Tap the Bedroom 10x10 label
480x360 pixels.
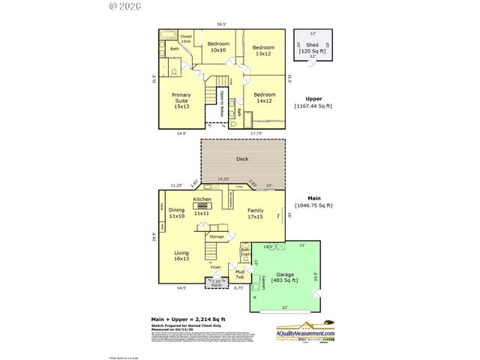tap(218, 46)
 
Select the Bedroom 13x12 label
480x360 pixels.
tap(263, 49)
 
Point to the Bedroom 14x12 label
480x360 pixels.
tap(264, 99)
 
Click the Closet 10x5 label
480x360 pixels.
tap(186, 38)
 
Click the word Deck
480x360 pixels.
tap(242, 159)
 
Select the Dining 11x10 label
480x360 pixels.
tap(176, 213)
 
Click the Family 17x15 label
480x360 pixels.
tap(256, 214)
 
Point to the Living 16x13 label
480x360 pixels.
tap(181, 256)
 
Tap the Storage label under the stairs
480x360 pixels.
tap(217, 237)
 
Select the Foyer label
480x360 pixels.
tap(215, 267)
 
